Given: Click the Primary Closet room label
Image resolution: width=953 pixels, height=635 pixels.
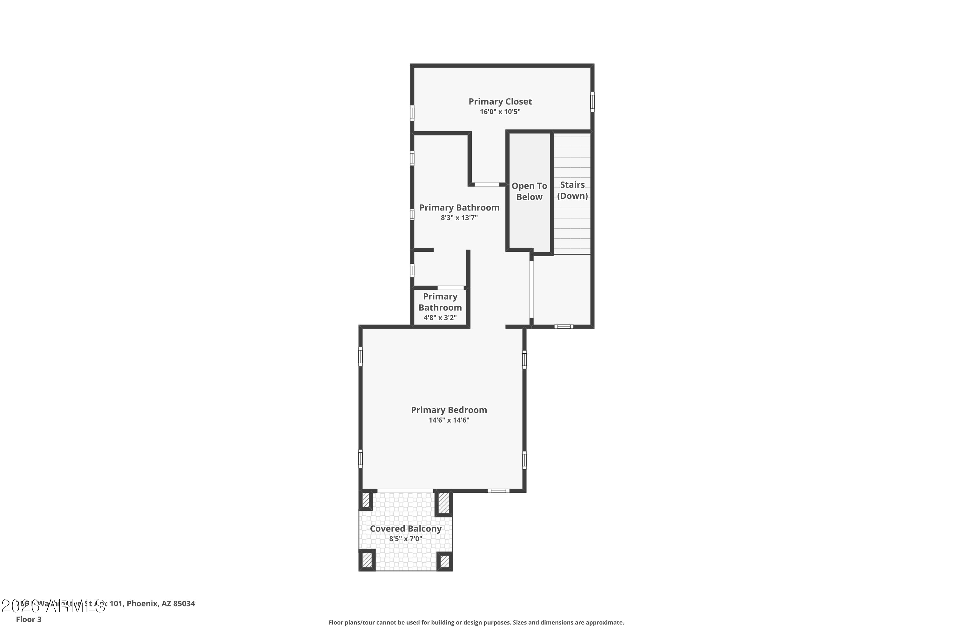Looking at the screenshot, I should pos(500,102).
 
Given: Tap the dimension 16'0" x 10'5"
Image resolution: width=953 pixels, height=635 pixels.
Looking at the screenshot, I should pos(500,112).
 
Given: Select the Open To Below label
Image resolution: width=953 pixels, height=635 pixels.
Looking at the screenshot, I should pos(529,191).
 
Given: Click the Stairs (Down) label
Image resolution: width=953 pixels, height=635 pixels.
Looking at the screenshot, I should pos(572,190).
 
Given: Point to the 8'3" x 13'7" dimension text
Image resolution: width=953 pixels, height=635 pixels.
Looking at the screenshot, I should pos(459,218).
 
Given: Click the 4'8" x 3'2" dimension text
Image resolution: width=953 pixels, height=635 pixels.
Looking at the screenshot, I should pos(440,317).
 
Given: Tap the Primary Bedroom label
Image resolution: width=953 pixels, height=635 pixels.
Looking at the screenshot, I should pos(449,410).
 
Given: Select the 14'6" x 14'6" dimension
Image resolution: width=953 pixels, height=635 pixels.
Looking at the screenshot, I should pos(449,420).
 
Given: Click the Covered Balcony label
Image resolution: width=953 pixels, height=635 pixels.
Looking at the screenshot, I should pos(406,529).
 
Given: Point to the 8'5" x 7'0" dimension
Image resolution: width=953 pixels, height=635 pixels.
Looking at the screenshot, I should pos(406,538).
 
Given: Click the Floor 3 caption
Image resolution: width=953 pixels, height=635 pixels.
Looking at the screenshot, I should pos(29,619).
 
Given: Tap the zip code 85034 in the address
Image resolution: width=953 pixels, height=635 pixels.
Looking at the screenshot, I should pos(184,604).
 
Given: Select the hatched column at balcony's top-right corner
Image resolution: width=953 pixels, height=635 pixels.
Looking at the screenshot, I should pos(444,503).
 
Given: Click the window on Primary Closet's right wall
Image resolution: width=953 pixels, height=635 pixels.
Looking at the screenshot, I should pos(592,102).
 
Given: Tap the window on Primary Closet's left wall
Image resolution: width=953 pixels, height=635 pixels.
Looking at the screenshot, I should pos(412,113).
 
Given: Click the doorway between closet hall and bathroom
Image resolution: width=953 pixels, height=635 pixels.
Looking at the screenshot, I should pos(487,185).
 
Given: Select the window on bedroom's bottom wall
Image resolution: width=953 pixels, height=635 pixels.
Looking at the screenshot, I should pos(498,491).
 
